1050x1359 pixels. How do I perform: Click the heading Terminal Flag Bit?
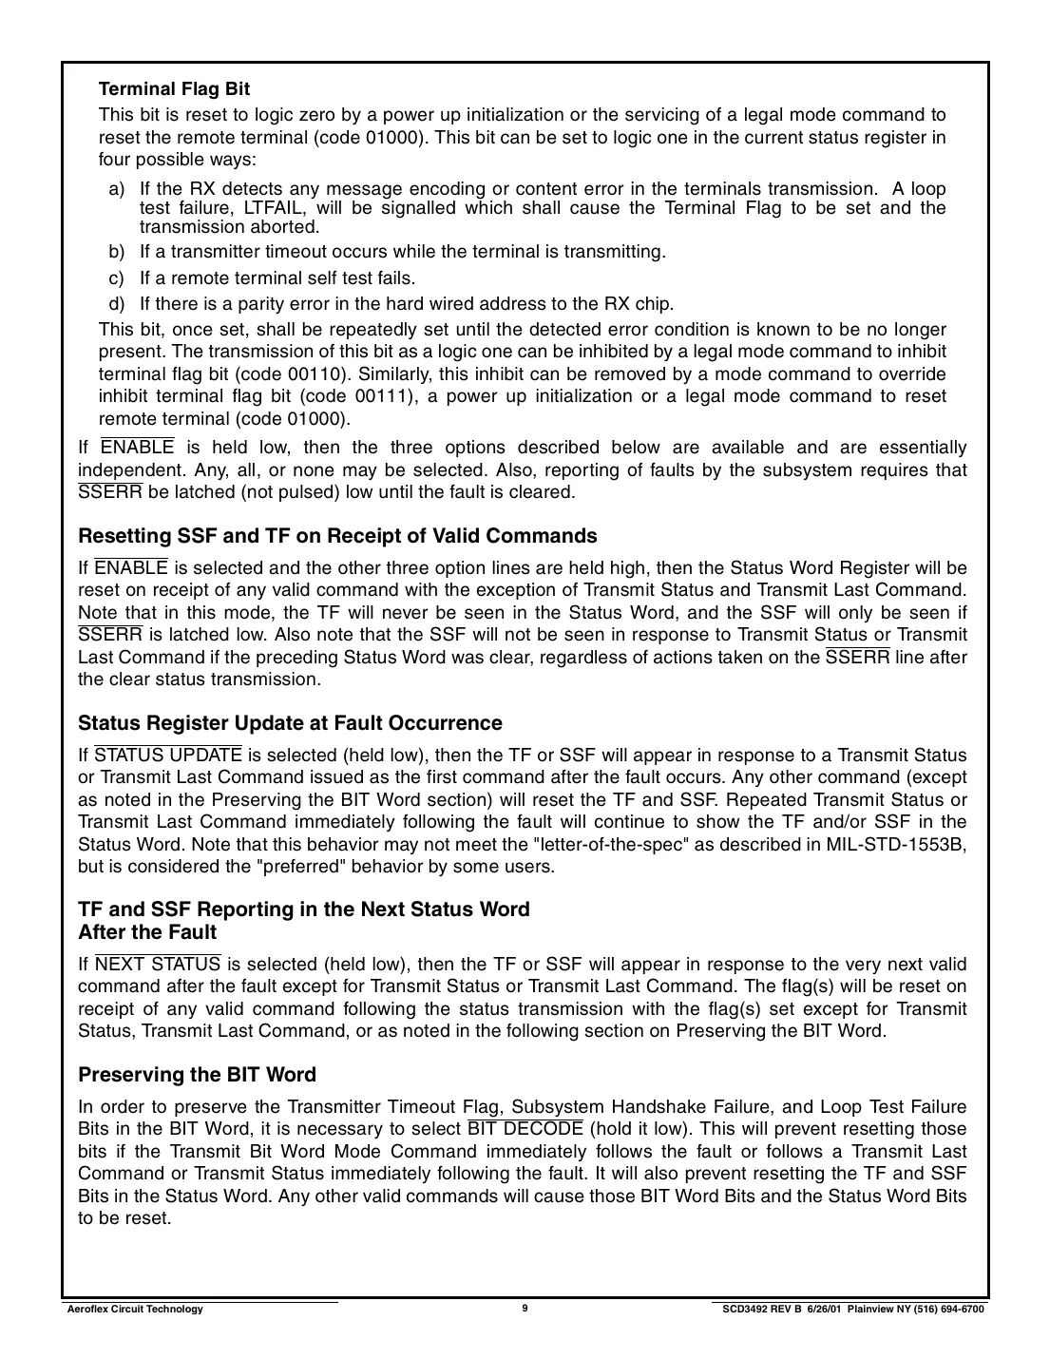(174, 89)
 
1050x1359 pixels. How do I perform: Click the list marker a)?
(116, 189)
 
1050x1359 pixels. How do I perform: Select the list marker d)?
(116, 304)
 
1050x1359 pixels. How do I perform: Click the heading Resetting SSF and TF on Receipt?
(337, 536)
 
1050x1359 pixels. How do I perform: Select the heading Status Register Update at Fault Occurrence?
(290, 723)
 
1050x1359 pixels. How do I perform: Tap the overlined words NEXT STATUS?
(159, 965)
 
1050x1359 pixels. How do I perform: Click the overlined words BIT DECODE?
(525, 1129)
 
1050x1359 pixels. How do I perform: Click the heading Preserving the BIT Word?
(197, 1075)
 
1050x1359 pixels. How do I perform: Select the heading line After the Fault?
(147, 932)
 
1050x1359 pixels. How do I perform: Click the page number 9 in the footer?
(525, 1309)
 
